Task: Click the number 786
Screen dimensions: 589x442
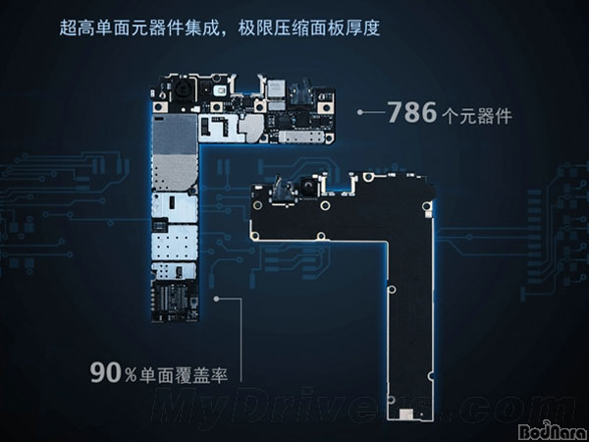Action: [412, 112]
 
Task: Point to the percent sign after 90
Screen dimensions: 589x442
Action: [131, 375]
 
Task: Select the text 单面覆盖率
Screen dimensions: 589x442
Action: [184, 374]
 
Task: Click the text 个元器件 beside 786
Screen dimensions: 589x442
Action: [477, 116]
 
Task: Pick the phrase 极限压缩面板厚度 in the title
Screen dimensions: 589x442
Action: [309, 28]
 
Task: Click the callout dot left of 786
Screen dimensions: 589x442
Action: [360, 112]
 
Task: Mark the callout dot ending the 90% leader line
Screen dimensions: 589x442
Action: [216, 299]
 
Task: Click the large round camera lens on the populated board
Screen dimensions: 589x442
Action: [181, 89]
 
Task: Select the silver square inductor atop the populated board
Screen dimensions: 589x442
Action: [276, 88]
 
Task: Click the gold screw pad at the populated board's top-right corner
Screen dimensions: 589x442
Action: [326, 107]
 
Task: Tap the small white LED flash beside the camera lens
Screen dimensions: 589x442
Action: [220, 90]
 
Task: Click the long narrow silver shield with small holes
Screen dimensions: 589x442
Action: [301, 137]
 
